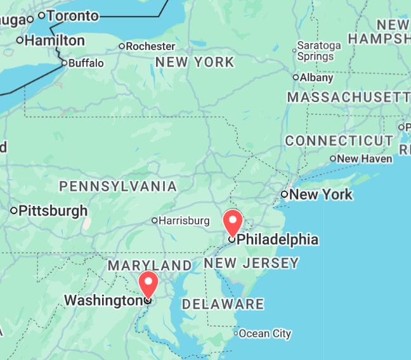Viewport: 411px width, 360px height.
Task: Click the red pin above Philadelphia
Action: click(233, 222)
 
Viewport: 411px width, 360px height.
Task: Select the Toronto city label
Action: click(73, 15)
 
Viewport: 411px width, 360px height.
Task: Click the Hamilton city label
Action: click(55, 41)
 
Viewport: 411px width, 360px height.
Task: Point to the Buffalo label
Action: click(86, 63)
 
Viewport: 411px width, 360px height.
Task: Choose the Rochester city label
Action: click(150, 46)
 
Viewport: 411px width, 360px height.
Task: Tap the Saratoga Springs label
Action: click(320, 51)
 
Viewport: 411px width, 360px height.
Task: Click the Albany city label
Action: click(316, 78)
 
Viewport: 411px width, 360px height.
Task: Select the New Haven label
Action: click(365, 158)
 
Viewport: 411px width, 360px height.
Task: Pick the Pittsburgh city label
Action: click(53, 210)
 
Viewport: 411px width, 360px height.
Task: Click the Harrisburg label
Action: click(184, 221)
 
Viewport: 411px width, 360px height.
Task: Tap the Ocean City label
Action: click(265, 333)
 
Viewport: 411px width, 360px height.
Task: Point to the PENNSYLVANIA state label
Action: click(118, 186)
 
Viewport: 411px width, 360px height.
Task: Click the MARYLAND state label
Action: click(149, 265)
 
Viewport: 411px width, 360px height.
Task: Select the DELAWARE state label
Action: click(223, 304)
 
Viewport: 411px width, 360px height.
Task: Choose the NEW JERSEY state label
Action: click(251, 263)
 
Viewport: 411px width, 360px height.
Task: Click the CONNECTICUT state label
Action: click(339, 141)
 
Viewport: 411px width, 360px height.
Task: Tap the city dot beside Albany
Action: click(296, 77)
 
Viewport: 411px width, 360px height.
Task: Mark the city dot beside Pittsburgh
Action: click(14, 210)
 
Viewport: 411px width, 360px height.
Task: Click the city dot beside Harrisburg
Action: click(154, 221)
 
